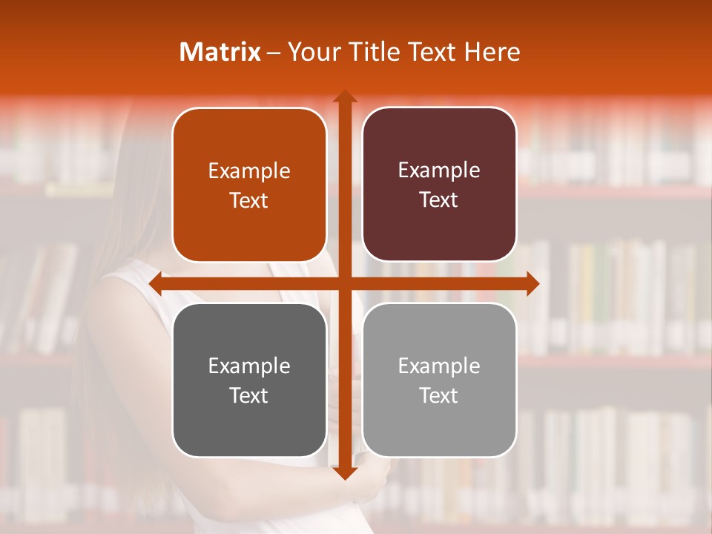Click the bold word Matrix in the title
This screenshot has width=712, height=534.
point(220,52)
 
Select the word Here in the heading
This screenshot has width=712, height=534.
point(492,52)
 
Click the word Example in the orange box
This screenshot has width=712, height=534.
point(249,171)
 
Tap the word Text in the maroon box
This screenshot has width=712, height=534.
point(439,200)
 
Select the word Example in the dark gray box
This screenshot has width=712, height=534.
point(249,366)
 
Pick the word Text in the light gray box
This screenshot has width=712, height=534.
point(439,395)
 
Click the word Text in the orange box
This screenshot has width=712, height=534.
point(249,201)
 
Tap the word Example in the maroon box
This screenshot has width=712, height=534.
point(439,171)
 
